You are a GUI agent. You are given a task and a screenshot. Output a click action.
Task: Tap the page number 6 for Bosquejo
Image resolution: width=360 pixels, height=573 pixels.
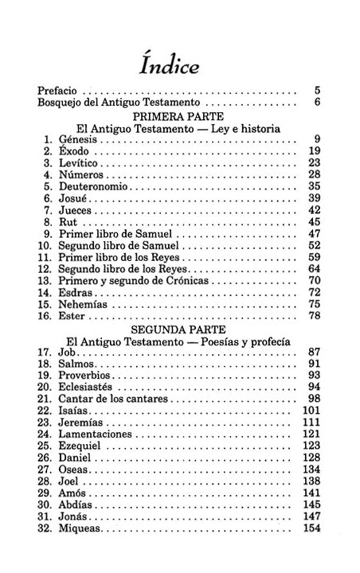pos(317,103)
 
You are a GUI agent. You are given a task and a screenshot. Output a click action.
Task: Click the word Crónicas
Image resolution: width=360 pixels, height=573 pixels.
pos(189,281)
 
